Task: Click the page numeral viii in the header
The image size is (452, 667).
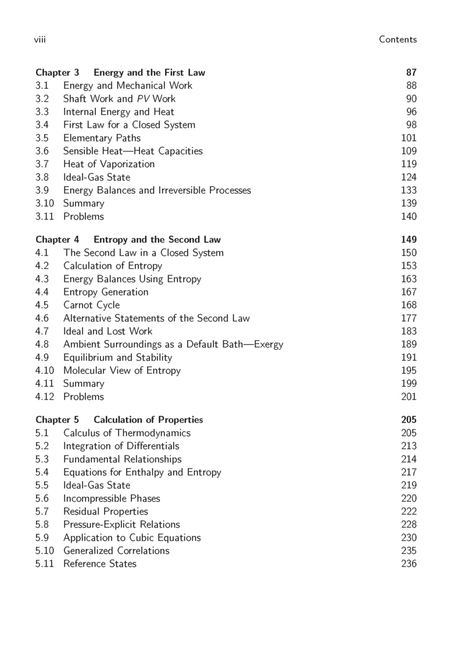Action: (40, 39)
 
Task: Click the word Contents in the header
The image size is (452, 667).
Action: (397, 39)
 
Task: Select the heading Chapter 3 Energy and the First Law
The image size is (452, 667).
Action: (120, 73)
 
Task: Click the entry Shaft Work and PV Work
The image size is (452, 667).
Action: (119, 99)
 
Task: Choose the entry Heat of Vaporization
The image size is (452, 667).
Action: (109, 164)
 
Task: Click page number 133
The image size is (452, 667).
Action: (409, 190)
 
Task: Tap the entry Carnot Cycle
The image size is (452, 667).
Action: (91, 305)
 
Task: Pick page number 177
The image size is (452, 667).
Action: (409, 318)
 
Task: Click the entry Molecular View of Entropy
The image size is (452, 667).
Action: (121, 370)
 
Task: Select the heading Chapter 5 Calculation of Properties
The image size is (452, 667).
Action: (119, 420)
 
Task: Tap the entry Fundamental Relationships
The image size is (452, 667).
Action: (122, 459)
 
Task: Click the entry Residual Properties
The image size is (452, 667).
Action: (105, 511)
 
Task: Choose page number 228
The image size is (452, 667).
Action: (409, 524)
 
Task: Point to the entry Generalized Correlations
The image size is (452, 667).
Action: (116, 550)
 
